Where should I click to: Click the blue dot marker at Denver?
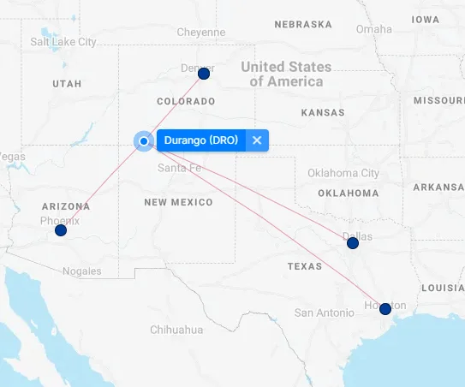(204, 74)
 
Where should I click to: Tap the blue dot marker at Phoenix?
(61, 230)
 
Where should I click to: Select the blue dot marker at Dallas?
(352, 243)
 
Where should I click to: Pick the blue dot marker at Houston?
(385, 308)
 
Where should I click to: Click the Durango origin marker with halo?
(144, 141)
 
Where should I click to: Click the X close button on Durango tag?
(257, 140)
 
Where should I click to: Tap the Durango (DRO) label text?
(200, 140)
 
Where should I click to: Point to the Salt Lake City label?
(63, 41)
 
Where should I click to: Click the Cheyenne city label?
(201, 32)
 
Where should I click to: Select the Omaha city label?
(374, 28)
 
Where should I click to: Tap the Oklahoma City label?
(343, 173)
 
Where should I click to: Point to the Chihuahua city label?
(177, 330)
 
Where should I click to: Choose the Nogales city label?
(81, 271)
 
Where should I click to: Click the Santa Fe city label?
(179, 168)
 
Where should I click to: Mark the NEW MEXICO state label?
(178, 202)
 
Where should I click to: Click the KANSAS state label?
(323, 112)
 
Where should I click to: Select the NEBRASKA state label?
(302, 24)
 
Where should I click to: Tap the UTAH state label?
(67, 84)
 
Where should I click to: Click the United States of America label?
(286, 74)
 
